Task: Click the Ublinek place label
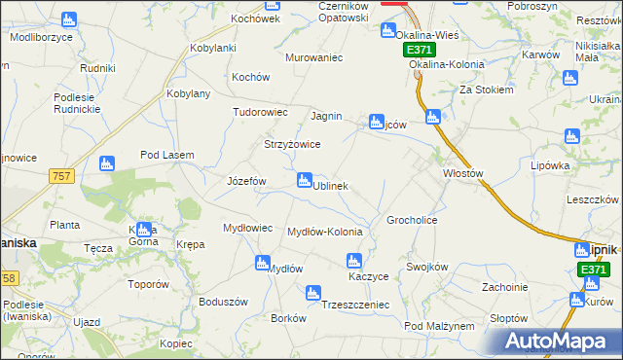click(330, 185)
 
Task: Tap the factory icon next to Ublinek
click(305, 180)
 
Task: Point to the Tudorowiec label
click(260, 112)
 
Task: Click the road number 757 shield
click(60, 175)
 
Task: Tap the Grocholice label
click(412, 220)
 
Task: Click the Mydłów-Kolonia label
click(325, 232)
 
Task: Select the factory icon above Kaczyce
click(354, 260)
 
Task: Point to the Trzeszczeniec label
click(355, 305)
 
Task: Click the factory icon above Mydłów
click(262, 262)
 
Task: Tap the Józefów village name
click(246, 181)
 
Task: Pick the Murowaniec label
click(314, 57)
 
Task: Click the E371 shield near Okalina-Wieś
click(418, 49)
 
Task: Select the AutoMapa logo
click(558, 341)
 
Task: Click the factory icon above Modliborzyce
click(68, 18)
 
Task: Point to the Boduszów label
click(219, 301)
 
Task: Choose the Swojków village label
click(426, 267)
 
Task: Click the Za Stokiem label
click(487, 89)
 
